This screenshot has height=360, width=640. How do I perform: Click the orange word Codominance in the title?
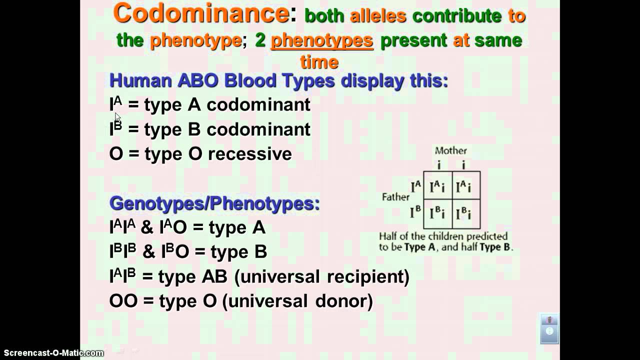coord(201,13)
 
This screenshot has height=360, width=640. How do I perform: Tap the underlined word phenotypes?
coord(321,40)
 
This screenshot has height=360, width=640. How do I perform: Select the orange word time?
coord(319,62)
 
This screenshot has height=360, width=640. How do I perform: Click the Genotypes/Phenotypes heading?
coord(214,203)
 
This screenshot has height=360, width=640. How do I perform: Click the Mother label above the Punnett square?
coord(450,150)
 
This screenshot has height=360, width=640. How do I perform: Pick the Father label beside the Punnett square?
coord(395,197)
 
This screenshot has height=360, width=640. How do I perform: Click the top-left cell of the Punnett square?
coord(437,185)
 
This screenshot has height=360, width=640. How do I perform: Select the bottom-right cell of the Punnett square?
coord(466,214)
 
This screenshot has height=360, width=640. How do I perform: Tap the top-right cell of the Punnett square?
coord(466,185)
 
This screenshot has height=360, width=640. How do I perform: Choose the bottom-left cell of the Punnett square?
coord(437,214)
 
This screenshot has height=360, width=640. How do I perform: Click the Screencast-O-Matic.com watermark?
coord(52,353)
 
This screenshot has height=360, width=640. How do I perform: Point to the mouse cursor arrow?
coord(117,117)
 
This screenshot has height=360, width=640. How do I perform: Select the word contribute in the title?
coord(457,16)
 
